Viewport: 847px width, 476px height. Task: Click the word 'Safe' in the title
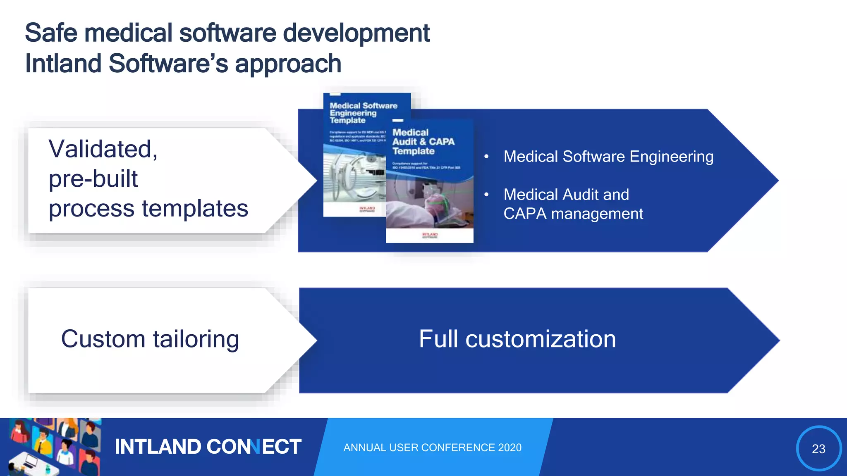51,33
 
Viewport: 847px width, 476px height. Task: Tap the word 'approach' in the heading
288,64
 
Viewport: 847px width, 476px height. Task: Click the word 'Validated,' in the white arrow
103,149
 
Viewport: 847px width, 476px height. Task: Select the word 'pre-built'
93,179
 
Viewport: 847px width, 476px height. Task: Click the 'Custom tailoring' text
150,339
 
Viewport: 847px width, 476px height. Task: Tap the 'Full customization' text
517,339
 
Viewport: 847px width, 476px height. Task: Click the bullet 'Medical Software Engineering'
608,157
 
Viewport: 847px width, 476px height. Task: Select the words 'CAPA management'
573,214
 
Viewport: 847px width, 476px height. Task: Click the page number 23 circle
818,448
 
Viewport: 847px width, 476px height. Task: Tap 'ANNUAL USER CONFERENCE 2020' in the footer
432,447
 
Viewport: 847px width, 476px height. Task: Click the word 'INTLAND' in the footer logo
158,447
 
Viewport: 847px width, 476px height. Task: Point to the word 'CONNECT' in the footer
254,447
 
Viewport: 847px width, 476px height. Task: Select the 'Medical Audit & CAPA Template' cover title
423,142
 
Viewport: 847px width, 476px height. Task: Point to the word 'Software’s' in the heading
168,64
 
